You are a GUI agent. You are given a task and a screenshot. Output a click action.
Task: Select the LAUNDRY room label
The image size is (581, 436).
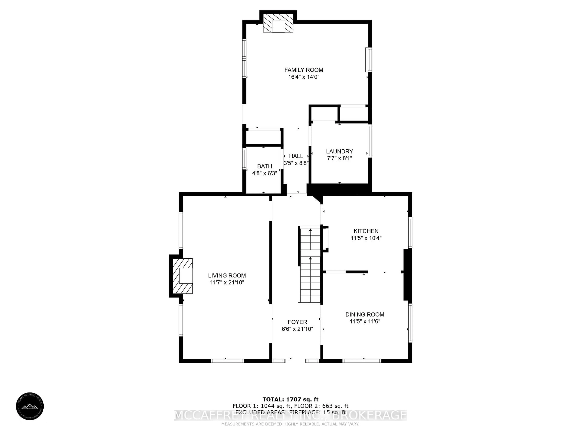pos(339,151)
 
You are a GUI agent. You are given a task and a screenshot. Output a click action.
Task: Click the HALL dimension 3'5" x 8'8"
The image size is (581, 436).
pos(296,163)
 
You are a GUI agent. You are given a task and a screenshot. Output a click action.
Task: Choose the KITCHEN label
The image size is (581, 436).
pos(366,231)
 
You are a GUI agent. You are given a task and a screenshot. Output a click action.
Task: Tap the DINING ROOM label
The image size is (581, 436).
pos(365,314)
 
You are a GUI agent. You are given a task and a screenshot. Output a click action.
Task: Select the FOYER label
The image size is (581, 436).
pos(297,322)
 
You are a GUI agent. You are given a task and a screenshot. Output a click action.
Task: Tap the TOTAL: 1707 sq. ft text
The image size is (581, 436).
pos(290,400)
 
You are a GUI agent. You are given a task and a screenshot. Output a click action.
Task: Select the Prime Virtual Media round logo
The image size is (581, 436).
pos(30,406)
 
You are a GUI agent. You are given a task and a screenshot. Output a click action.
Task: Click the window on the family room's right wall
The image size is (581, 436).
pos(369,60)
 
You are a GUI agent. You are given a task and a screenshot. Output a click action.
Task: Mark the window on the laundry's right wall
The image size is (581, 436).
pos(370,141)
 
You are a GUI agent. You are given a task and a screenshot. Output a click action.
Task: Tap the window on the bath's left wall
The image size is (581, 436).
pos(244,159)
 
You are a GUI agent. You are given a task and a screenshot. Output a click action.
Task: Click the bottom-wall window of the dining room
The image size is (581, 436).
pos(361,361)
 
